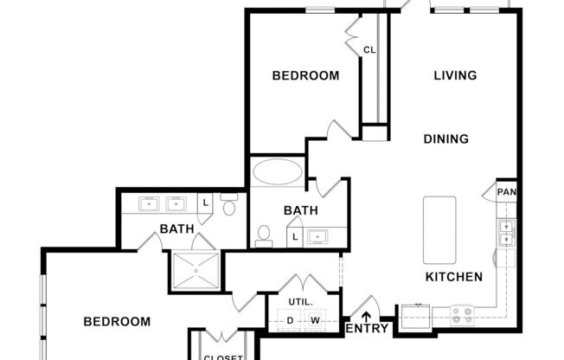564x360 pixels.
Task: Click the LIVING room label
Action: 455,75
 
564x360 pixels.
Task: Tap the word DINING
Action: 446,138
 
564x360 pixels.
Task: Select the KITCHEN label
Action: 454,277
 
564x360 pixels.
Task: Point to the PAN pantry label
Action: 506,191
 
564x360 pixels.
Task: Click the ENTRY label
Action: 366,329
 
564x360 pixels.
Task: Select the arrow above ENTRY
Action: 366,315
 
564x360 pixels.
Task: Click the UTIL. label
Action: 300,301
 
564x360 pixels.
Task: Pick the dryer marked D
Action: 291,321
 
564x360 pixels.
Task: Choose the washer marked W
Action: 315,321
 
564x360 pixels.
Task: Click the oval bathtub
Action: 278,170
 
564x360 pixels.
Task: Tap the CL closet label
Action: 369,50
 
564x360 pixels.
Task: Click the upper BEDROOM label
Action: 305,75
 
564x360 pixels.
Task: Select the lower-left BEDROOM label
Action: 117,321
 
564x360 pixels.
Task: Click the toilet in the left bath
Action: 229,206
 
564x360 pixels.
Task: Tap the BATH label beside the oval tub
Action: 301,210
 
